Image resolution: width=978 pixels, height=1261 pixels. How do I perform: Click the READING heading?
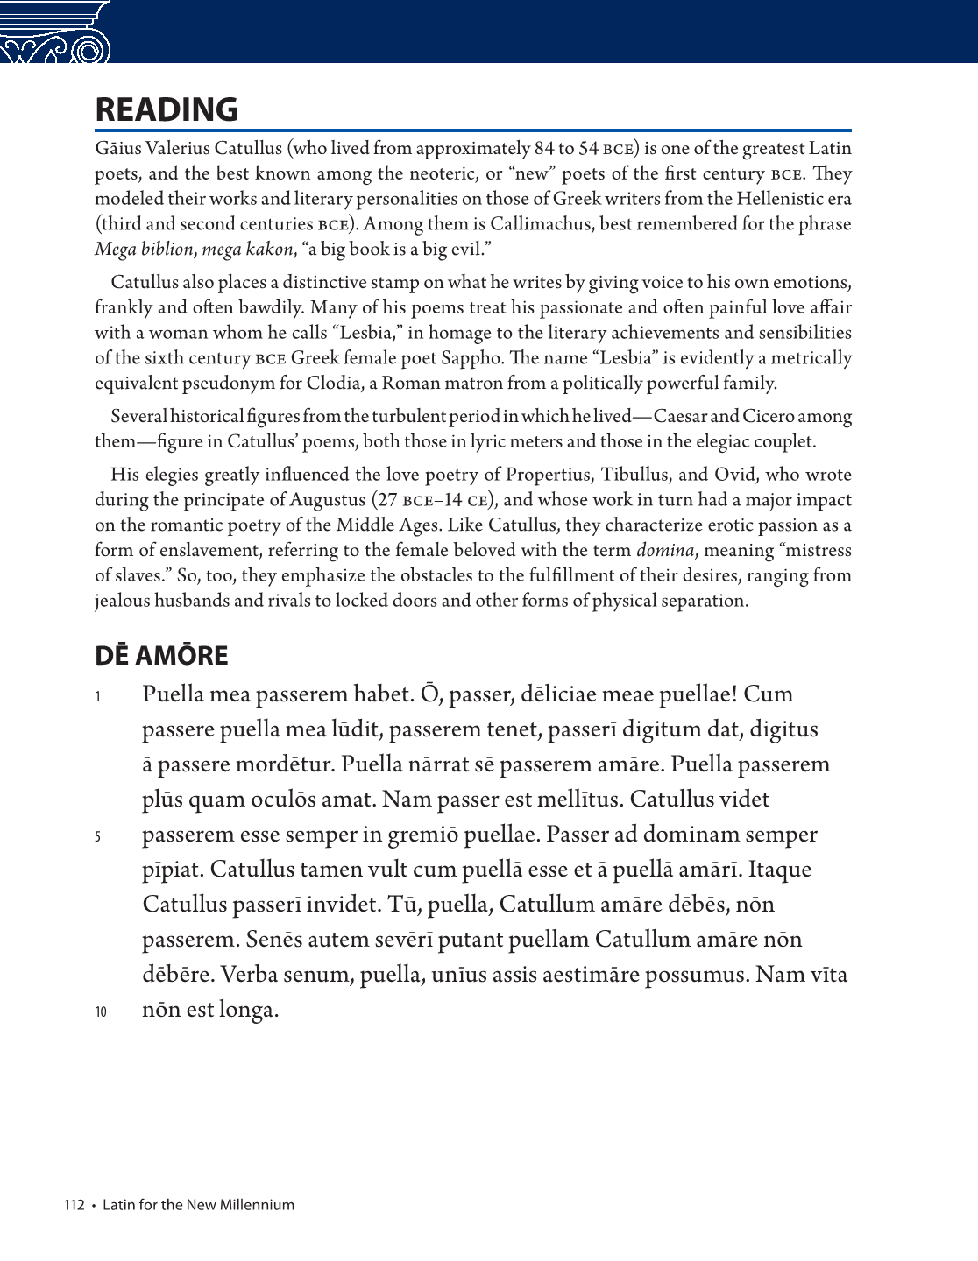[x=167, y=109]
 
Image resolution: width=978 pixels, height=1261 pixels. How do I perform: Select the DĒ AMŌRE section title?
[x=161, y=655]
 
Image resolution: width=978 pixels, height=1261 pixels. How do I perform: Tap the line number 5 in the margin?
[x=98, y=836]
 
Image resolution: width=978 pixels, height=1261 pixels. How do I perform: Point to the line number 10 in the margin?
[x=101, y=1011]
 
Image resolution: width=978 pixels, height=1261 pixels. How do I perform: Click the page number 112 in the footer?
[x=74, y=1205]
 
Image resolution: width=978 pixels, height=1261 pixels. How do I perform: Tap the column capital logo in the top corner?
[x=55, y=33]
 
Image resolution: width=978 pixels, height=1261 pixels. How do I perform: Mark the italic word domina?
[x=658, y=551]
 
